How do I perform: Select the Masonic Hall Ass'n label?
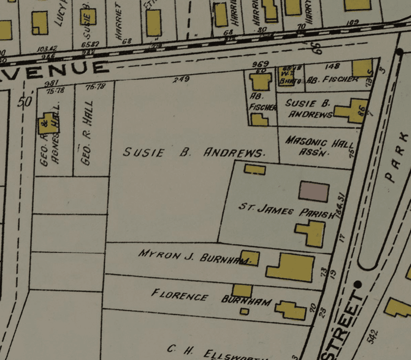[318, 147]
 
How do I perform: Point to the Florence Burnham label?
[211, 298]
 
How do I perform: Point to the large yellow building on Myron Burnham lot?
[291, 267]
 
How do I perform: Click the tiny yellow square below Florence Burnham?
[245, 311]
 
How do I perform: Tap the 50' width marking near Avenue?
[26, 102]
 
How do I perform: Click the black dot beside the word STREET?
[358, 284]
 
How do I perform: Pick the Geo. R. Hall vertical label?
[88, 140]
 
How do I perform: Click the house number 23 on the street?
[322, 313]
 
